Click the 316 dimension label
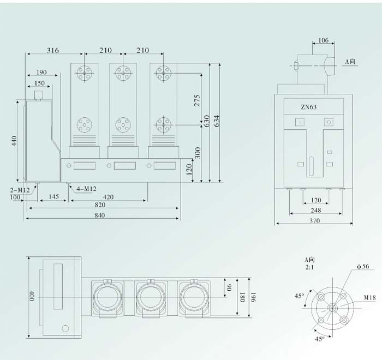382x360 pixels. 53,50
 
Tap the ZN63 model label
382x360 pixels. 308,107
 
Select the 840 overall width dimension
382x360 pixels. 100,215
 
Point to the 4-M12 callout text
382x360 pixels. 86,189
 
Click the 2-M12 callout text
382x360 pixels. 20,190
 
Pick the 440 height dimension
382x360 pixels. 14,141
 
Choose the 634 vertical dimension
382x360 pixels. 216,121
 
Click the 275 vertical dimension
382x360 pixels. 197,100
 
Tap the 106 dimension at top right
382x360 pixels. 324,40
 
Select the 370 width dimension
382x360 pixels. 314,221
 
